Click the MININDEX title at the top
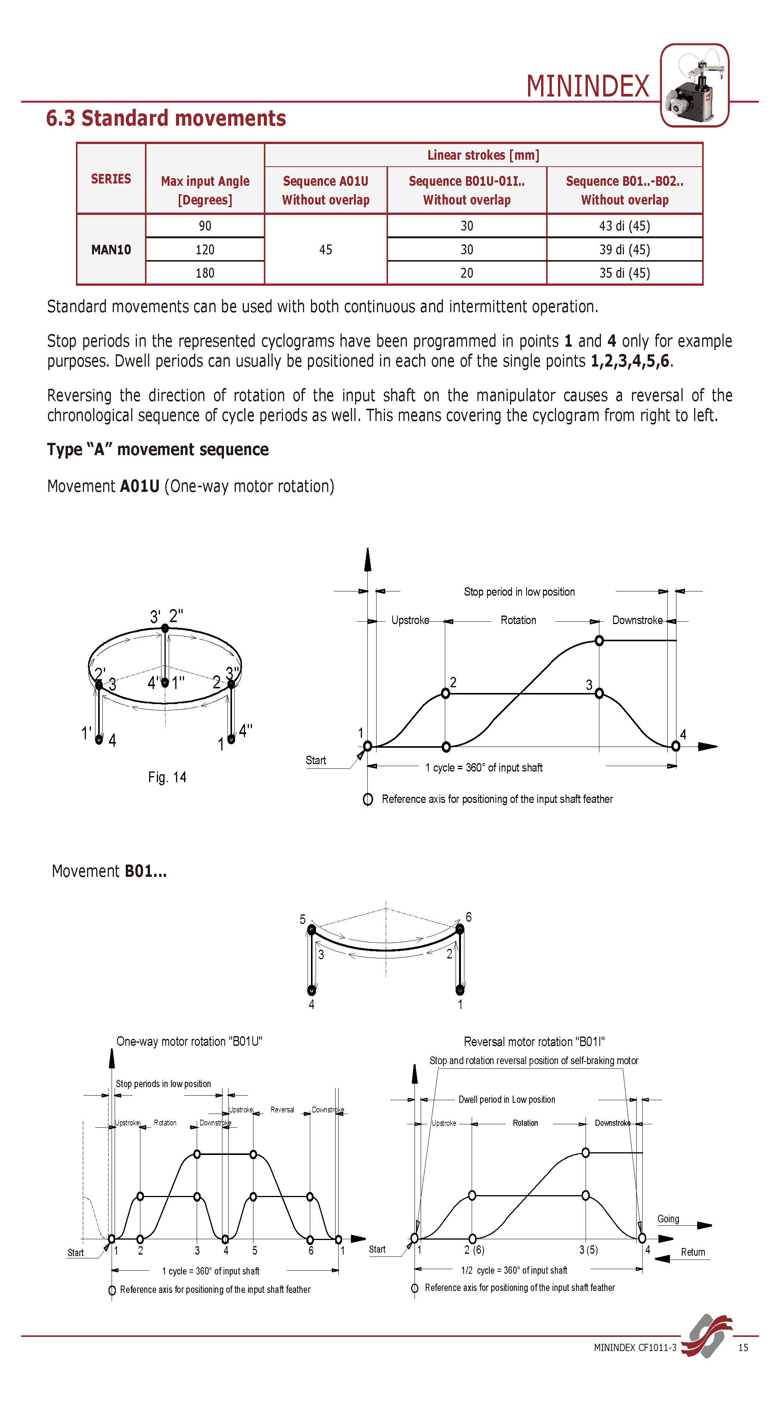point(587,86)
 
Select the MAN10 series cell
point(111,250)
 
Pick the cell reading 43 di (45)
point(624,226)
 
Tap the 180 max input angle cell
point(205,273)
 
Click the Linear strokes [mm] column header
point(483,155)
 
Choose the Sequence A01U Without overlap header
point(326,190)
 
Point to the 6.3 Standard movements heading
point(166,118)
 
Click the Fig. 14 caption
point(167,777)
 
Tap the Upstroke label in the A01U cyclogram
point(410,620)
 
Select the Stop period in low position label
point(519,591)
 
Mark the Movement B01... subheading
point(109,871)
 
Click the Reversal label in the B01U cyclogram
point(282,1110)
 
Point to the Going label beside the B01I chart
point(668,1219)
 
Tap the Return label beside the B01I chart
point(693,1252)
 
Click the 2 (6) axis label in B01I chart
point(474,1250)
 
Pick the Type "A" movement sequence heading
point(158,449)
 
